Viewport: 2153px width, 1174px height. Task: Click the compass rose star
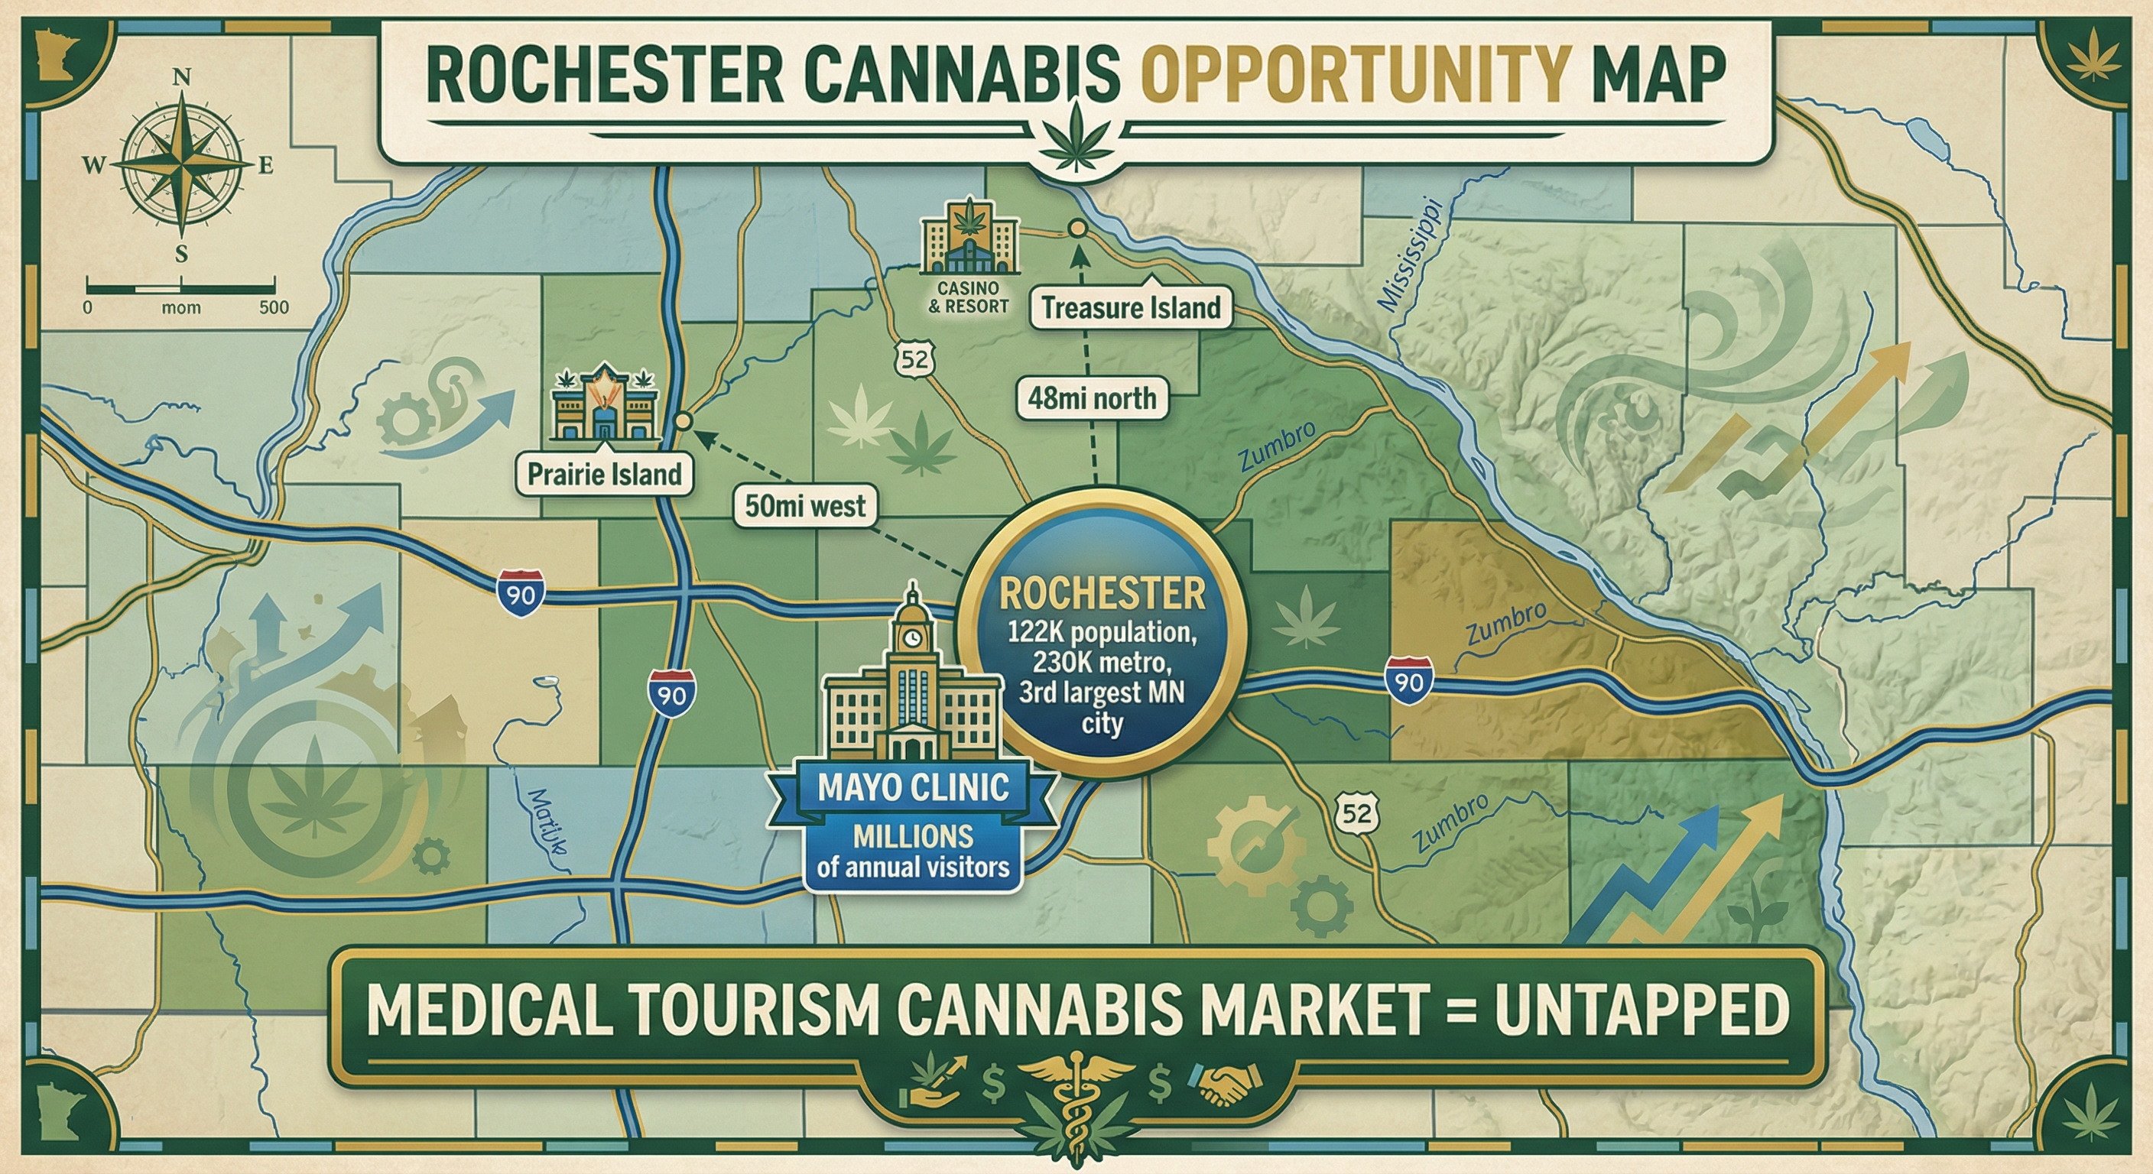point(182,165)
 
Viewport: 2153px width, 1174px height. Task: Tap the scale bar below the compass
point(180,289)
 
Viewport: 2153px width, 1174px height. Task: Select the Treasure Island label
point(1131,307)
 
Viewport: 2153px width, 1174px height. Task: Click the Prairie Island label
point(604,474)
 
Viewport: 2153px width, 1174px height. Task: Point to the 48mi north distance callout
point(1092,397)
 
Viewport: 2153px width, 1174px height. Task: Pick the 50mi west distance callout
point(805,505)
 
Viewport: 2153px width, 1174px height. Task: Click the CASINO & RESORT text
point(969,297)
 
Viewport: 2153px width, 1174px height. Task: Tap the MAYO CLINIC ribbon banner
point(914,787)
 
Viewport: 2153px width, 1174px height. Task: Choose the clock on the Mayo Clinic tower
point(913,638)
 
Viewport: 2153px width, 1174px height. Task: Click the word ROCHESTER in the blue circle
point(1102,593)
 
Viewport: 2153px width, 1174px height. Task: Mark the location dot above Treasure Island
point(1077,228)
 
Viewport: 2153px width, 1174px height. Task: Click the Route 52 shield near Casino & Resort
point(914,359)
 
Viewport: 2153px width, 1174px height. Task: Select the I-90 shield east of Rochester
point(1408,681)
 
